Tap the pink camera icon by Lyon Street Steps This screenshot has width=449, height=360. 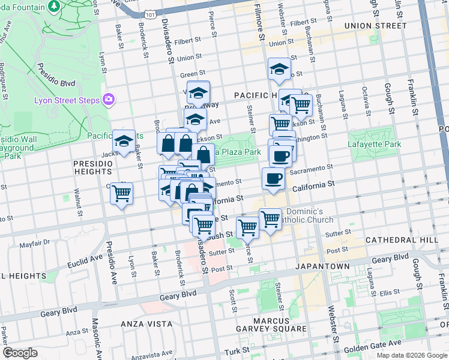pos(109,99)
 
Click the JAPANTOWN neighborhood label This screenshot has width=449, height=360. pos(322,265)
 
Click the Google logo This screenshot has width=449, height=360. pos(20,353)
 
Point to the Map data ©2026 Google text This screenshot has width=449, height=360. pos(411,355)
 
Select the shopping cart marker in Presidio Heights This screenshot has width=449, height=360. pos(122,194)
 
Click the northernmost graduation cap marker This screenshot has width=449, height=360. pos(279,69)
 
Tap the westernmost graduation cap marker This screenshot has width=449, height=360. pos(124,141)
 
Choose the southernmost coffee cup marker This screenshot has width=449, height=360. pos(273,179)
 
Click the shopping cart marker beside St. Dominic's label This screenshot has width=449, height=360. pos(270,219)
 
